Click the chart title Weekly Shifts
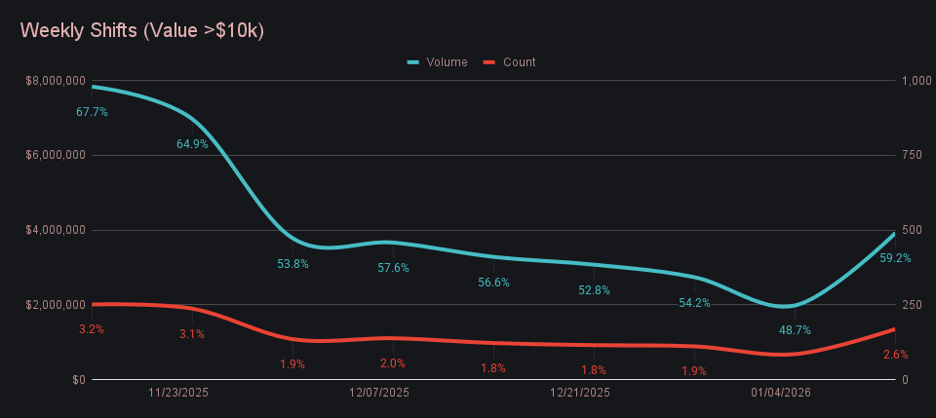coord(142,30)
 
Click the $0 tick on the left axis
coord(78,380)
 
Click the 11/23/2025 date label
coord(178,394)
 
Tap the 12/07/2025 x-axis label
coord(379,394)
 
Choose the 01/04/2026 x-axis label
coord(781,394)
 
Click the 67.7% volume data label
coord(92,112)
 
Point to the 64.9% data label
coord(192,144)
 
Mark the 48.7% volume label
coord(795,330)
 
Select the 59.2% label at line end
coord(895,259)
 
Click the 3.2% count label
coord(92,329)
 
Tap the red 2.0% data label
coord(393,363)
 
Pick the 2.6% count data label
coord(895,355)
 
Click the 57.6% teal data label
coord(393,268)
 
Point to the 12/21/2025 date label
coord(580,394)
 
